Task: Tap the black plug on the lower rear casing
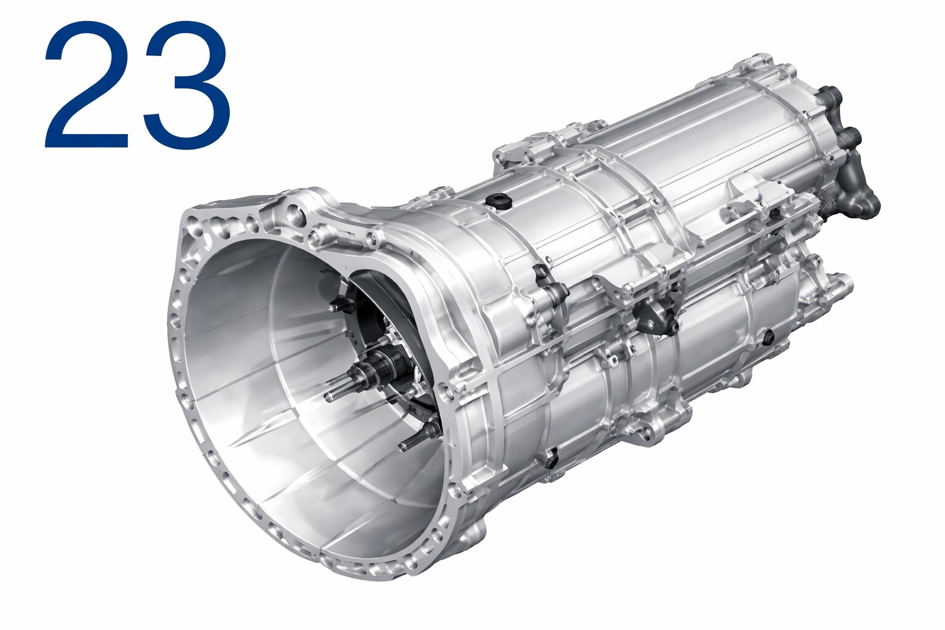pyautogui.click(x=768, y=336)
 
